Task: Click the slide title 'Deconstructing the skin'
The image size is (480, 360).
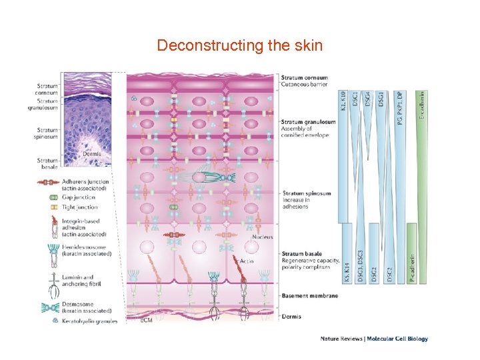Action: [x=239, y=46]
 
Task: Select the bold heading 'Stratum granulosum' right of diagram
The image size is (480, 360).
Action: [x=308, y=122]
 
